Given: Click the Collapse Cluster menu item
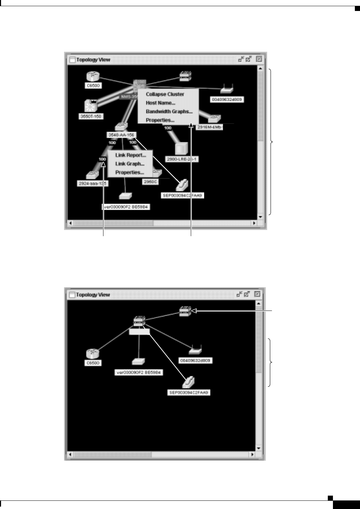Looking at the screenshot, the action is pyautogui.click(x=165, y=94).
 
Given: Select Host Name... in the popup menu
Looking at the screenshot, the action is pyautogui.click(x=160, y=103).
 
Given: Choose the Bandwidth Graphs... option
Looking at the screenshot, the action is pyautogui.click(x=169, y=111).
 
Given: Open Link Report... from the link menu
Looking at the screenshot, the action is pyautogui.click(x=130, y=155).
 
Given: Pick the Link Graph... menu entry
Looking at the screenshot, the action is pyautogui.click(x=129, y=164).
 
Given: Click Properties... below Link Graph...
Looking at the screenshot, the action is pyautogui.click(x=129, y=172).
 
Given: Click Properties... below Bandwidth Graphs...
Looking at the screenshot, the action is pyautogui.click(x=160, y=120).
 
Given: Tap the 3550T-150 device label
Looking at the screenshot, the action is pyautogui.click(x=91, y=117).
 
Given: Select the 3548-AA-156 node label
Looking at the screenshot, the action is pyautogui.click(x=121, y=135).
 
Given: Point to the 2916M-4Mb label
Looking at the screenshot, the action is pyautogui.click(x=209, y=127).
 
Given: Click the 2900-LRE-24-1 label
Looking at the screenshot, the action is pyautogui.click(x=182, y=159).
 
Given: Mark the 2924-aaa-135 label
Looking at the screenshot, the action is pyautogui.click(x=93, y=183).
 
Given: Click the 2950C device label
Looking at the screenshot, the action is pyautogui.click(x=150, y=182).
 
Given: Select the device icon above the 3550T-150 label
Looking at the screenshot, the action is pyautogui.click(x=91, y=106).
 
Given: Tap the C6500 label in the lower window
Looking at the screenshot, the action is pyautogui.click(x=93, y=363).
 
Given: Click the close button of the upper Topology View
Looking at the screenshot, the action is pyautogui.click(x=259, y=59).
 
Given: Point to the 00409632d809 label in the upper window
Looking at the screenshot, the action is pyautogui.click(x=227, y=100).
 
